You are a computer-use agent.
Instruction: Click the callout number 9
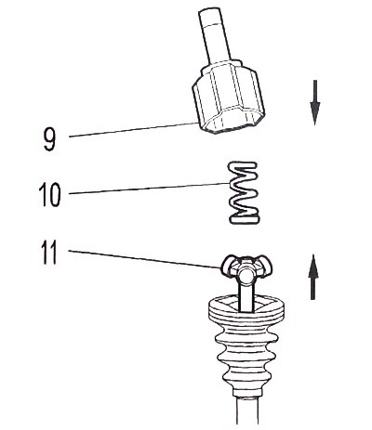(49, 139)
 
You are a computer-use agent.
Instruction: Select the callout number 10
(49, 195)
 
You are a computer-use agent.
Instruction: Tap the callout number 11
(49, 253)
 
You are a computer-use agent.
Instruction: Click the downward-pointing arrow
(315, 103)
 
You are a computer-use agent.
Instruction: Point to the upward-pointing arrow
(313, 277)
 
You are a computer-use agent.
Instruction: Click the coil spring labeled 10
(244, 192)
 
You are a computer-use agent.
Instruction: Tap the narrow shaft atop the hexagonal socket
(215, 35)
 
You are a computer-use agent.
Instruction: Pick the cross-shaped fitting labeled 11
(246, 268)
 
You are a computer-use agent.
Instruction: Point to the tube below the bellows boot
(247, 411)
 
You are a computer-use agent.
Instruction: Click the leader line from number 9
(133, 130)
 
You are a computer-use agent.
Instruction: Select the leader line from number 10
(149, 189)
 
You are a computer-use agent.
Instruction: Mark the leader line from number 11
(145, 259)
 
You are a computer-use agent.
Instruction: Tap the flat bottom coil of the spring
(244, 218)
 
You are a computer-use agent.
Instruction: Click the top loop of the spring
(243, 165)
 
